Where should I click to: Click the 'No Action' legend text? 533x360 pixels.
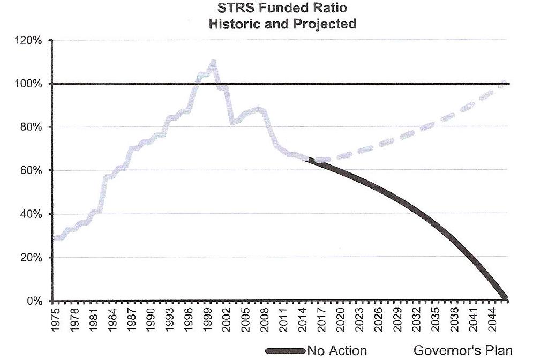[337, 351]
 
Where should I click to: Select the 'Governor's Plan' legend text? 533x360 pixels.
[463, 351]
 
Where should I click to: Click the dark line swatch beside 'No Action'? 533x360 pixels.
[285, 351]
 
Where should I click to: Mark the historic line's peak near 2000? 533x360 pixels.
[213, 62]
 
